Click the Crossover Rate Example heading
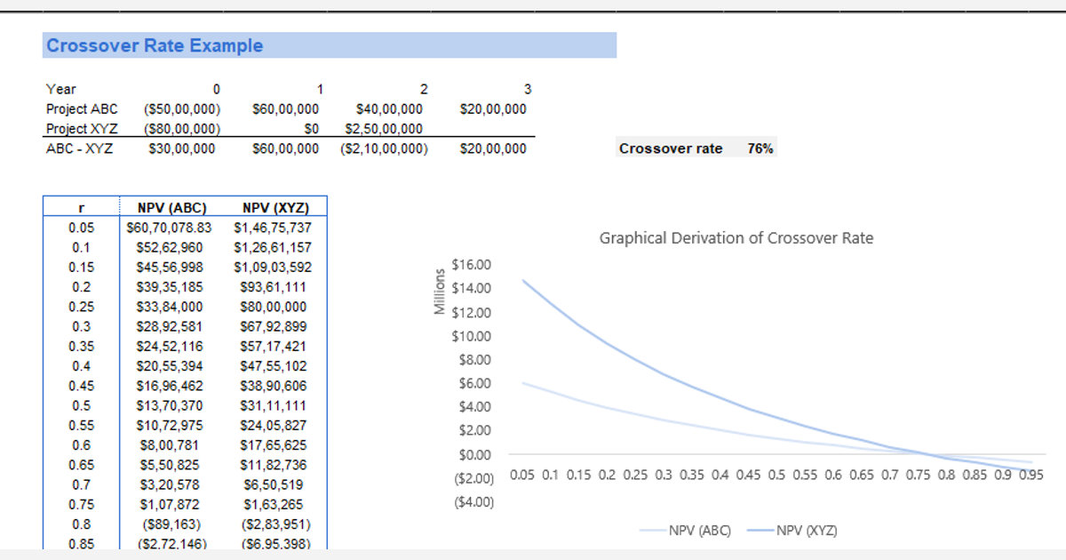155,45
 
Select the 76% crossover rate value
760,148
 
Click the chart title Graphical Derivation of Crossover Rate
736,238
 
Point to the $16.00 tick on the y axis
471,265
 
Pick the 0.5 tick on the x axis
776,475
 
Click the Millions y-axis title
438,291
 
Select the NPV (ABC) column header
171,208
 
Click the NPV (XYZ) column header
274,208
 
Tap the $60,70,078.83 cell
169,228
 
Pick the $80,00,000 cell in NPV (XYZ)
274,307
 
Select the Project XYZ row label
80,129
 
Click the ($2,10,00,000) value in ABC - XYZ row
383,148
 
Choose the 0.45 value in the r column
81,386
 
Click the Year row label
61,89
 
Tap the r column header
81,208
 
